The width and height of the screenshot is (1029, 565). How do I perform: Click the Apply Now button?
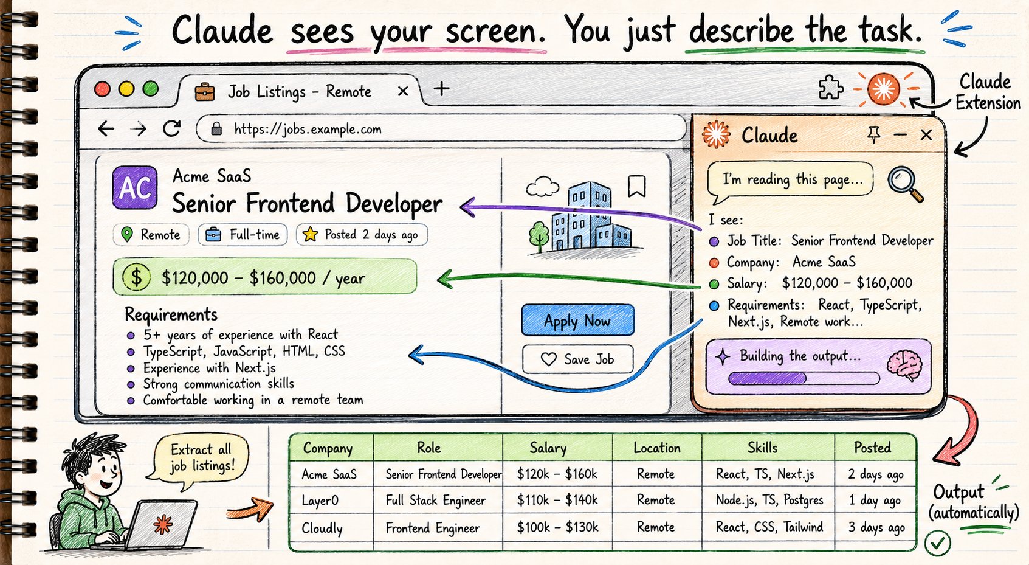tap(577, 320)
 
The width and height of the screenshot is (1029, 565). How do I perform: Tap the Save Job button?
tap(577, 359)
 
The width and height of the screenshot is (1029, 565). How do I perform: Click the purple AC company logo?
tap(134, 187)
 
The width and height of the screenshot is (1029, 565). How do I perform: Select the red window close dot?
tap(102, 89)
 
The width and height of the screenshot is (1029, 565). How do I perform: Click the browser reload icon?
tap(172, 129)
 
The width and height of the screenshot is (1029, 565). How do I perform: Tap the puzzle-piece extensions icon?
tap(830, 88)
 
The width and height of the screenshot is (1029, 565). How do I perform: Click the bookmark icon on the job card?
tap(637, 186)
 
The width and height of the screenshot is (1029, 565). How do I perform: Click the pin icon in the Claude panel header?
tap(873, 135)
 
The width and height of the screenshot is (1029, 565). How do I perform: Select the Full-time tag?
tap(243, 235)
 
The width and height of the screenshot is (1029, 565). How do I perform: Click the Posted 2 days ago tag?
tap(362, 235)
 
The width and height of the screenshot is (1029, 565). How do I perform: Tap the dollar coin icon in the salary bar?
tap(136, 277)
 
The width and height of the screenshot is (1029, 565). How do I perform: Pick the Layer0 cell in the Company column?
tap(320, 500)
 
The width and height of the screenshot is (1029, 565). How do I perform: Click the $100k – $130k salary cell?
tap(557, 527)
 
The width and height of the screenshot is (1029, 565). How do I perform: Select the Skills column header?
tap(763, 447)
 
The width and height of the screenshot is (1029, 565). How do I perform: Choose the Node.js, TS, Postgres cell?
tap(769, 500)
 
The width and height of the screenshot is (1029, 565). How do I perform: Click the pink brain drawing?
tap(904, 365)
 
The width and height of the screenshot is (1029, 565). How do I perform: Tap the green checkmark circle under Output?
tap(938, 543)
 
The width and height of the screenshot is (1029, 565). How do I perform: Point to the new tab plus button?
tap(441, 88)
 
